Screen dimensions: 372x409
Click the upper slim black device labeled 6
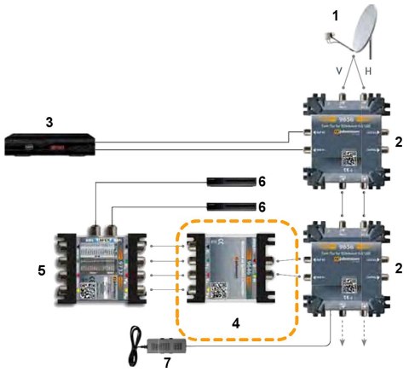point(232,181)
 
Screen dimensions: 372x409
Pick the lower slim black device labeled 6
point(232,206)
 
